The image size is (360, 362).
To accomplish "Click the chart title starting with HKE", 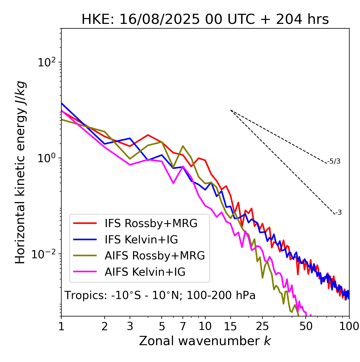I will (205, 20).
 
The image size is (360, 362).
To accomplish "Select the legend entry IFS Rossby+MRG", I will (151, 223).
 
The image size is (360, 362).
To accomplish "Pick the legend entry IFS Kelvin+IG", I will (141, 240).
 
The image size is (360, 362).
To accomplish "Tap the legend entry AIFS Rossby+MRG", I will (155, 256).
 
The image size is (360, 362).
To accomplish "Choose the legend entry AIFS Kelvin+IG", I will (145, 272).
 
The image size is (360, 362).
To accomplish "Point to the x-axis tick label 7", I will (183, 326).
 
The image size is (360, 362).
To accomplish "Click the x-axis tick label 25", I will (262, 326).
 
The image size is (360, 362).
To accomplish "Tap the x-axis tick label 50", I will (306, 326).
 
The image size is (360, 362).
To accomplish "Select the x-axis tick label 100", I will (349, 326).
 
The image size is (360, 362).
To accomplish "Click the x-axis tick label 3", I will (130, 326).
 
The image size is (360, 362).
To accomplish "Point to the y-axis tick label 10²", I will (46, 62).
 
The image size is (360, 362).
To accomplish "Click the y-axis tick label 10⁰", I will (46, 158).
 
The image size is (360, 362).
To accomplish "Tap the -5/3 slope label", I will (334, 162).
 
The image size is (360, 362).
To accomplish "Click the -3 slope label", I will (339, 213).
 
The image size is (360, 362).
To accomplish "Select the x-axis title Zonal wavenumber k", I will (205, 341).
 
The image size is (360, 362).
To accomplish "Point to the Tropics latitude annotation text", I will (160, 296).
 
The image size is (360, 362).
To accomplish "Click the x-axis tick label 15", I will (230, 326).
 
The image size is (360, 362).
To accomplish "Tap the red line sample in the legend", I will (85, 223).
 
